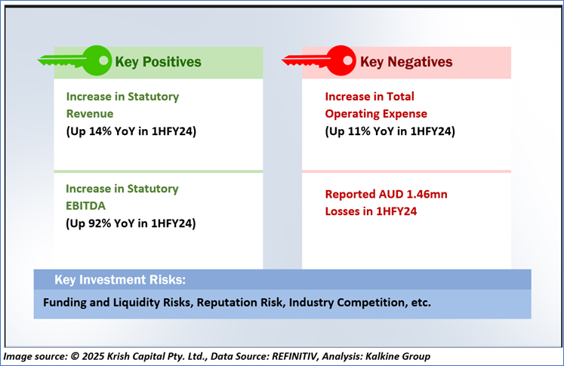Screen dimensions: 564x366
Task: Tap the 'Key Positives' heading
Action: pos(158,62)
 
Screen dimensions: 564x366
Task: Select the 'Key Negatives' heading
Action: pos(406,62)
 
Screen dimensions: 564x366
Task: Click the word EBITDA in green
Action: pos(85,206)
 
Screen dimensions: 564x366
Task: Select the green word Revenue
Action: pos(90,114)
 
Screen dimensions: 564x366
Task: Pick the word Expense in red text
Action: pos(405,114)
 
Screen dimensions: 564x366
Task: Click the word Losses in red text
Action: pos(344,211)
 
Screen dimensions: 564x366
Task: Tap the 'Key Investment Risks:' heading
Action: pos(120,280)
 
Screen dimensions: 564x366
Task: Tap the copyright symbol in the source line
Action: pos(75,356)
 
